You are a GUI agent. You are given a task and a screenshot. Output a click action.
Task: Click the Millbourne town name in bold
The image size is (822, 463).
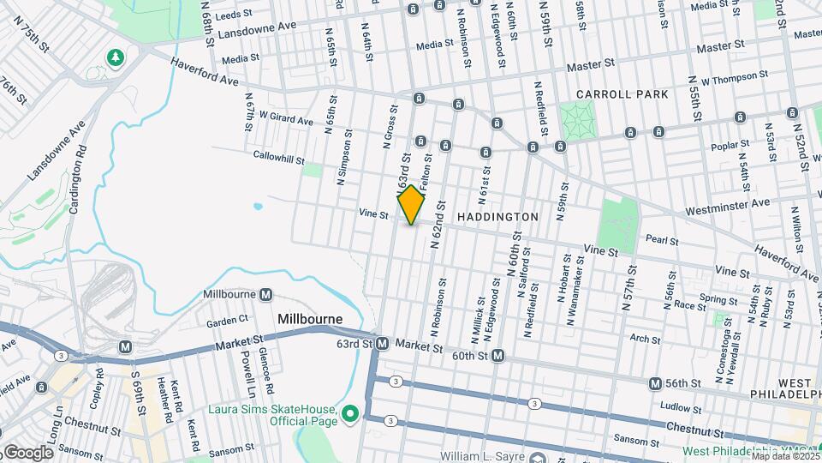pos(310,319)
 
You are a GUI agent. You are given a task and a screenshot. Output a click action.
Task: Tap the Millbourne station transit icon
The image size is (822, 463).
pos(265,294)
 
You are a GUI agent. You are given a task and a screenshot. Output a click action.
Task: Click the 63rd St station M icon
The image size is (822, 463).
pos(383,344)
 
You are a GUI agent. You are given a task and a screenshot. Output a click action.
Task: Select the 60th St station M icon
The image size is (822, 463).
pos(497,355)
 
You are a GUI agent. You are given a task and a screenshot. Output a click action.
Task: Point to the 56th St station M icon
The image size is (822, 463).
pos(655,383)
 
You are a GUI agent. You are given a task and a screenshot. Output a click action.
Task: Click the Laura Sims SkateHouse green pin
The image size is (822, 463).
pos(349,414)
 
